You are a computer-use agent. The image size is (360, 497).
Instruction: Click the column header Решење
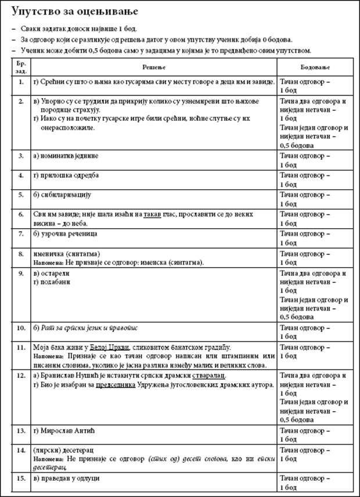(x=151, y=67)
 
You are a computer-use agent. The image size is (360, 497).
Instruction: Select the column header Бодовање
(x=312, y=67)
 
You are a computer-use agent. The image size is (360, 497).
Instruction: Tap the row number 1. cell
(x=21, y=82)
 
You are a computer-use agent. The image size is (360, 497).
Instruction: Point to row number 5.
(x=21, y=195)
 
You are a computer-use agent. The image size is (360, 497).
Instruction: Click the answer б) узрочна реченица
(x=66, y=233)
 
